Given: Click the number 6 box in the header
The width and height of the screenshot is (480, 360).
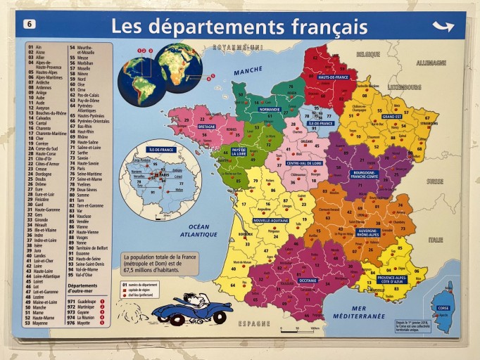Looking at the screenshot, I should tap(30, 24).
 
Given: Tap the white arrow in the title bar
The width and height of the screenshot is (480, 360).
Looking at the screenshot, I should tap(443, 27).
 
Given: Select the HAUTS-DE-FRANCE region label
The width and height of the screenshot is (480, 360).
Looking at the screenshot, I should tap(332, 77).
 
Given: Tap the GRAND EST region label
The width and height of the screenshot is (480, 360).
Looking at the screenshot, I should tap(392, 116).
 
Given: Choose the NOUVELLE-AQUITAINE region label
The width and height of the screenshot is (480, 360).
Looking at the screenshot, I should tap(271, 220).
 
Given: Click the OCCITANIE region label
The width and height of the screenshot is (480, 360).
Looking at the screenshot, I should tap(308, 280).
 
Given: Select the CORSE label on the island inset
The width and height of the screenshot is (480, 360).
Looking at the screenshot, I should tap(443, 308).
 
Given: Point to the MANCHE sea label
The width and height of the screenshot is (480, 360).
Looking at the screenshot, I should tap(247, 71).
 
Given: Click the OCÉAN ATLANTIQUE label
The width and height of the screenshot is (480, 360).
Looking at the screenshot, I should tap(198, 230).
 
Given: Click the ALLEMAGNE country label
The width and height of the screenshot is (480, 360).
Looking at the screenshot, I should tap(430, 63).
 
